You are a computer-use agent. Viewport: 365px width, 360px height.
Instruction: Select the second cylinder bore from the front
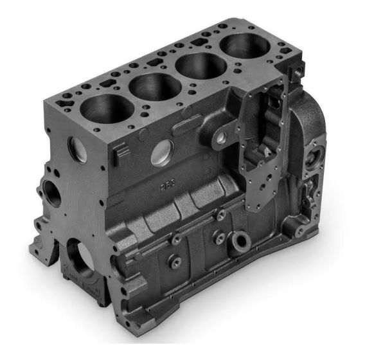click(x=154, y=85)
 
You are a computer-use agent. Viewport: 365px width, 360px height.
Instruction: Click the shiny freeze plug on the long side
click(x=162, y=152)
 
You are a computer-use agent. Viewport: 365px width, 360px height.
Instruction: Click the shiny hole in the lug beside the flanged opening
click(x=220, y=136)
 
